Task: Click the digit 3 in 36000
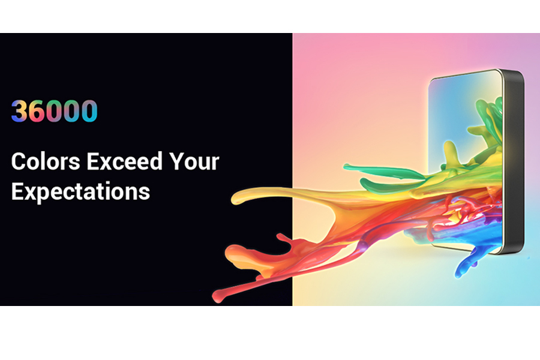pos(19,111)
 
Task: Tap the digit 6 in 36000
pos(37,111)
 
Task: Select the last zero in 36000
pos(89,111)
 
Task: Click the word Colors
pos(46,161)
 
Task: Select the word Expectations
pos(80,191)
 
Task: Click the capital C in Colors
pos(19,161)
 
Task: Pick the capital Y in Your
pos(176,161)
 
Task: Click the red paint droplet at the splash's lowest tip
pos(217,296)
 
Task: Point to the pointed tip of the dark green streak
pos(346,167)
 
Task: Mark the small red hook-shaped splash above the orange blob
pos(284,238)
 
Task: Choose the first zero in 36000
pos(55,111)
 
